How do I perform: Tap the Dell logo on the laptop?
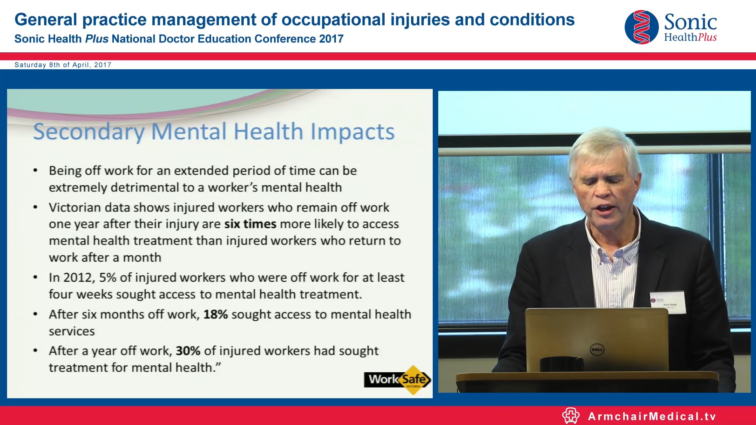coord(597,349)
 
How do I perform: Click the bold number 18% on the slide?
coord(215,314)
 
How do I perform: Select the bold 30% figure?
coord(188,351)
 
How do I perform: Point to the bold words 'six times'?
coord(250,224)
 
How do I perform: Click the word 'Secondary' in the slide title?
coord(89,132)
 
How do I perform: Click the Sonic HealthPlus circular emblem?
coord(641,27)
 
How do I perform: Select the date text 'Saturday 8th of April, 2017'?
coord(63,65)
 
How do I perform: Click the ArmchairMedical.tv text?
coord(652,416)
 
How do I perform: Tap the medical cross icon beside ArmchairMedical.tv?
coord(571,416)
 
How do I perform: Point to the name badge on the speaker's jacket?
coord(668,302)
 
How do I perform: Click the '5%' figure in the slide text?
coord(107,277)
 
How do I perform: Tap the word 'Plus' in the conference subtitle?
coord(96,39)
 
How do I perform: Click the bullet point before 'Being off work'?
coord(35,171)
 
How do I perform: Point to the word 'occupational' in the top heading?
coord(333,20)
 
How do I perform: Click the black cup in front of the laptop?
coord(561,364)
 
